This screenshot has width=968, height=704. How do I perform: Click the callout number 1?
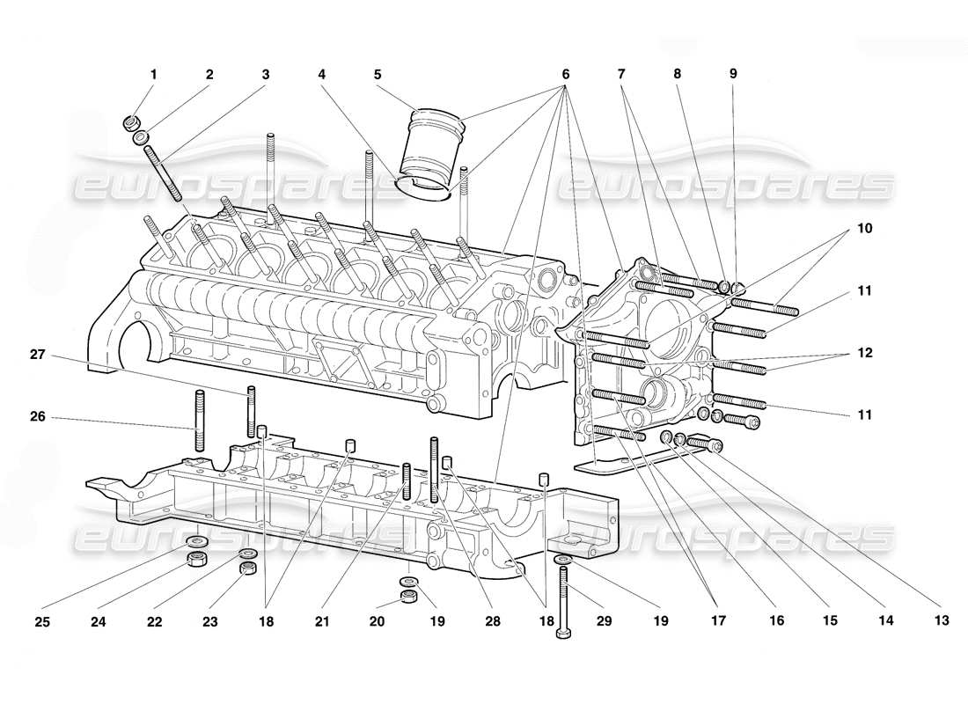[x=153, y=75]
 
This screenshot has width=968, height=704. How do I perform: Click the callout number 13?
[x=942, y=621]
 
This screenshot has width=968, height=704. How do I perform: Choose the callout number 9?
[x=733, y=75]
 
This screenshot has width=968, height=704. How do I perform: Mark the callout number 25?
[x=42, y=621]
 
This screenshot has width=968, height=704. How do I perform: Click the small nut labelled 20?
[x=407, y=598]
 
